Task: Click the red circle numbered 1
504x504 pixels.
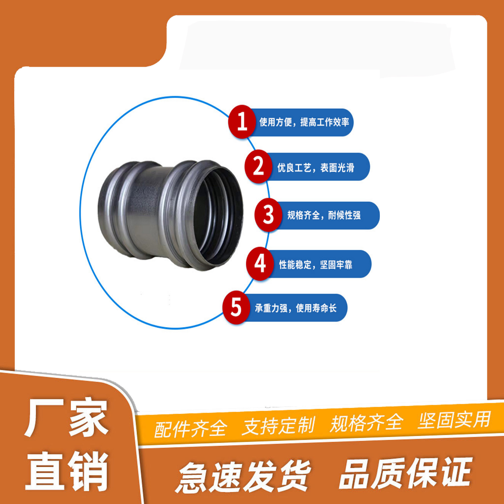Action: (x=242, y=122)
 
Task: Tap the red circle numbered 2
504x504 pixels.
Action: (x=258, y=166)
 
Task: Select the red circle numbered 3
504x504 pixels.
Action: (x=268, y=215)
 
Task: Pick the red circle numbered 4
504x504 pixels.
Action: (x=260, y=264)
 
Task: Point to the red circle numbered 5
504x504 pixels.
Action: (x=236, y=307)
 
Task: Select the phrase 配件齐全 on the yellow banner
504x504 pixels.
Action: (x=190, y=428)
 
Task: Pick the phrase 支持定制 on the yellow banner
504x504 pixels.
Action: (x=278, y=425)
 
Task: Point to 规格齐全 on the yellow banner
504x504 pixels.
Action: (x=366, y=423)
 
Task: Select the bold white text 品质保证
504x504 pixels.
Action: (x=406, y=472)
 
